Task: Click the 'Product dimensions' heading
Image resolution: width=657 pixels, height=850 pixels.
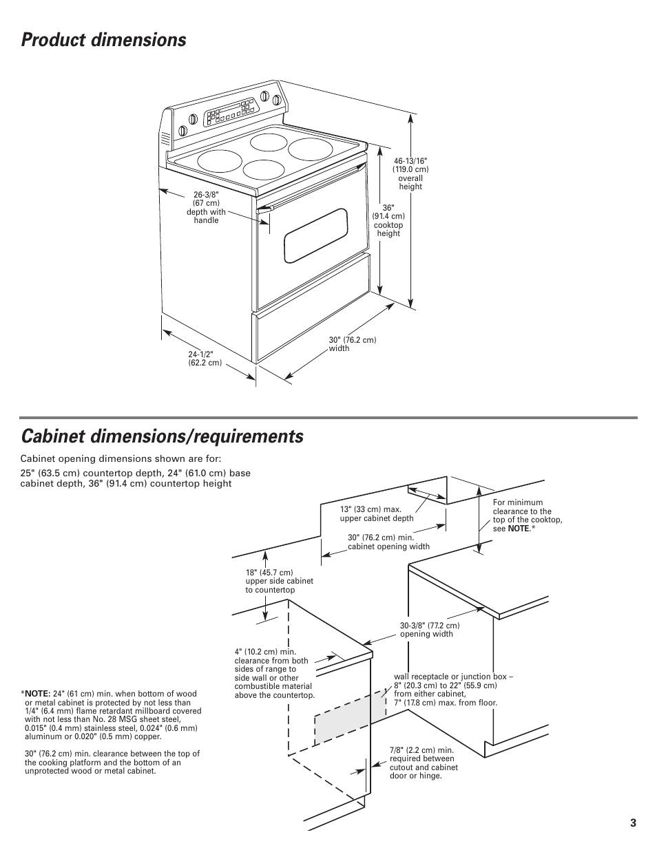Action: (x=103, y=41)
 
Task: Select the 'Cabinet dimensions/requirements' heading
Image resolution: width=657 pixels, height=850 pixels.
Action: (x=162, y=436)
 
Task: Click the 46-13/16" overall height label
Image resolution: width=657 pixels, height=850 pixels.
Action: (x=410, y=173)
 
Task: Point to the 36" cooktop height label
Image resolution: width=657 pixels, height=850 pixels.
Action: (x=388, y=220)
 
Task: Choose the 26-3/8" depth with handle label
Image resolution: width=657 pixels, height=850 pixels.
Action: (x=206, y=207)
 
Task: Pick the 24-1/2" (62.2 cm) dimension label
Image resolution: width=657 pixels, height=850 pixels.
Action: (x=205, y=359)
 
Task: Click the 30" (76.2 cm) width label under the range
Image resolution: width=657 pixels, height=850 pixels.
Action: (x=352, y=344)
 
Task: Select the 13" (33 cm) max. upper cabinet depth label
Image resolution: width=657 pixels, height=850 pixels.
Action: (x=376, y=514)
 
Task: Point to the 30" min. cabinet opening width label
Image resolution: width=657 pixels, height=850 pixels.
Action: (x=388, y=542)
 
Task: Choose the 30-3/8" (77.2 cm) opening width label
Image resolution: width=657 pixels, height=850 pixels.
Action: (x=429, y=630)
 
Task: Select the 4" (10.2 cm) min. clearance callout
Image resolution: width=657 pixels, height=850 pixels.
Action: (x=274, y=673)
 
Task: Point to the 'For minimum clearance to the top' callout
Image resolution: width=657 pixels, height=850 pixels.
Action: (x=527, y=516)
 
